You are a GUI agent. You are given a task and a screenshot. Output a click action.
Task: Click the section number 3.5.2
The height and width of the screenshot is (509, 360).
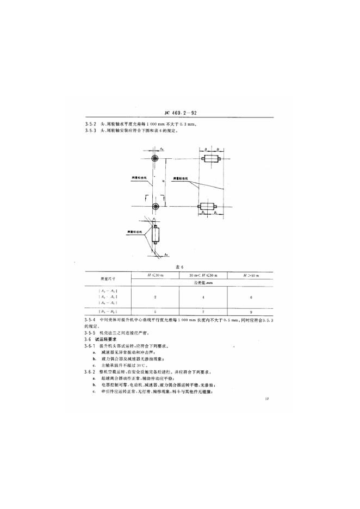[90, 125]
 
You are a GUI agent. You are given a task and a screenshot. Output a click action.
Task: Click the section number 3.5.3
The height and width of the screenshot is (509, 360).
[90, 131]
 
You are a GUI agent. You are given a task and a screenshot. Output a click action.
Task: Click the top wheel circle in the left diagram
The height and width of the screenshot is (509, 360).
[156, 159]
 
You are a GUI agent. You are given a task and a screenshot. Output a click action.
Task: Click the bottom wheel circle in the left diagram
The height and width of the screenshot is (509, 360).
[156, 206]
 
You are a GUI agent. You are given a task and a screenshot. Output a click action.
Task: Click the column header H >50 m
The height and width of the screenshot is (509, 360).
[251, 276]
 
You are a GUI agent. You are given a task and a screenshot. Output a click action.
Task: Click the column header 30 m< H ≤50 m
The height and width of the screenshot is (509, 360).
[203, 276]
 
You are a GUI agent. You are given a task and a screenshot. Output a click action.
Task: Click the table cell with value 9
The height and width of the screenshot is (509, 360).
[251, 312]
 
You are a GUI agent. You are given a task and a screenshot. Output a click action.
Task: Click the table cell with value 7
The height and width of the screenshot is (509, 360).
[203, 312]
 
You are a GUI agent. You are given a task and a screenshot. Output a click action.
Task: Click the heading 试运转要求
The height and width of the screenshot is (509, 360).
[105, 339]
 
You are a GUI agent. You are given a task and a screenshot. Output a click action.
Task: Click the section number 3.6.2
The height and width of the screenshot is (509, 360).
[90, 372]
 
